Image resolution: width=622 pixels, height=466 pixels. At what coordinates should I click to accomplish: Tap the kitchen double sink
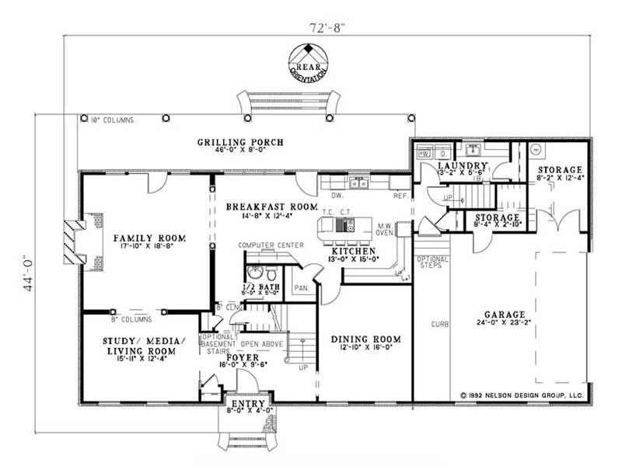point(358,183)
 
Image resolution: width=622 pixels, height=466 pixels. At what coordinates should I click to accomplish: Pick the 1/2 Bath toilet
point(255,273)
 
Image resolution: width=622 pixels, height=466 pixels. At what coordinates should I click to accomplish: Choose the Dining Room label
point(365,339)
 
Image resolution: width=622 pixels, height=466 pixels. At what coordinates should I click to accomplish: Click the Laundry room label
point(462,166)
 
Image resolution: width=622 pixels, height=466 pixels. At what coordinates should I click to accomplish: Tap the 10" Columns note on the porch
point(112,120)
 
